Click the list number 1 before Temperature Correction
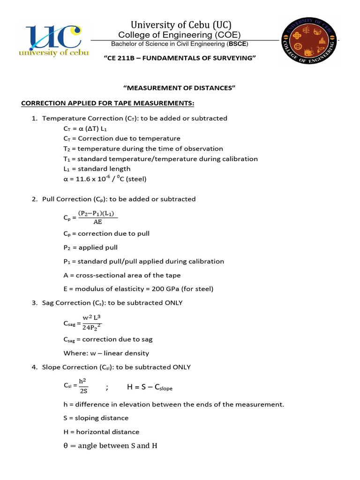click(34, 119)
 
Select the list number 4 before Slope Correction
click(34, 367)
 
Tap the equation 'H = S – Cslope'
click(150, 388)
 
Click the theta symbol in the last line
click(66, 446)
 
